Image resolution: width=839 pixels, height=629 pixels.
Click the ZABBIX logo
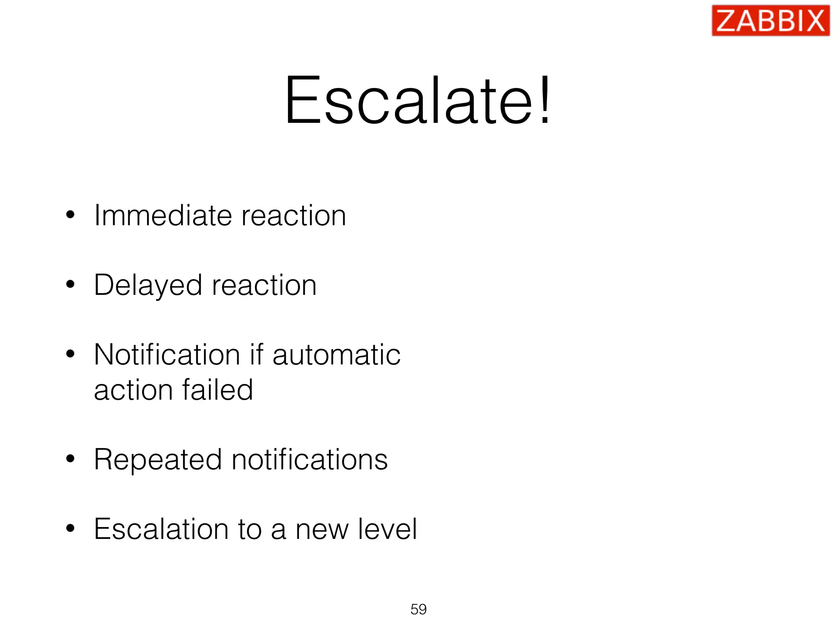click(770, 20)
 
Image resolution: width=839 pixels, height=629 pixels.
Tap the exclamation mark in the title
click(545, 100)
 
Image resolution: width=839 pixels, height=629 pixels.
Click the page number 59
click(418, 609)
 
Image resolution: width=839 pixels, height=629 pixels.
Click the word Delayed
click(148, 285)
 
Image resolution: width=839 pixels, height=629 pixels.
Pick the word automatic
click(336, 355)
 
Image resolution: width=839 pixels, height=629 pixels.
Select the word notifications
click(309, 460)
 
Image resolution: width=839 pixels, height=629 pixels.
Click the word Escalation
click(161, 529)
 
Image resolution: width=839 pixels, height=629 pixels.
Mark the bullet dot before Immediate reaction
click(70, 215)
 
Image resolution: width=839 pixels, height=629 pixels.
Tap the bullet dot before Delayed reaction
click(70, 284)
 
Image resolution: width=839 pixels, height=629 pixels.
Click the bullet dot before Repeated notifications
click(70, 459)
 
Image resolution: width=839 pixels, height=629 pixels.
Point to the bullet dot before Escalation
click(70, 528)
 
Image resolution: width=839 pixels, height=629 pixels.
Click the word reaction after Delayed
click(264, 285)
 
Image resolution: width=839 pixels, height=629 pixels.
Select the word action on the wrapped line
click(133, 390)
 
